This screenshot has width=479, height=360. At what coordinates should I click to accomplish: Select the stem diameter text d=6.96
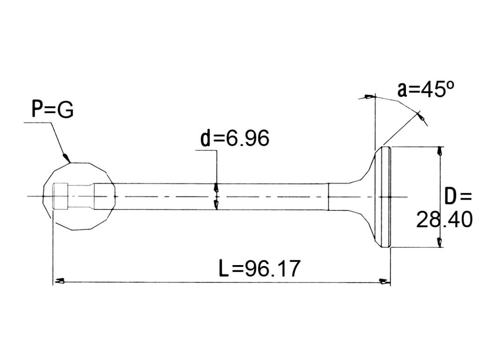pos(235,138)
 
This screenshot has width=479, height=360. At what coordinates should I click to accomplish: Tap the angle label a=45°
pos(426,89)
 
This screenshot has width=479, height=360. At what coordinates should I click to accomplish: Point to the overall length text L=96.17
pos(260,269)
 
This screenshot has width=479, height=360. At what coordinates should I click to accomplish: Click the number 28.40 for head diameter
pos(444,219)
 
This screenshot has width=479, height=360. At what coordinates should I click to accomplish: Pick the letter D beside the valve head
pos(450,196)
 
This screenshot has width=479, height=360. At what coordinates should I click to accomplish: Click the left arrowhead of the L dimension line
pos(59,281)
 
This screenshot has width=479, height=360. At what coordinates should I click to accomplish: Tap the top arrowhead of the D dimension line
pos(439,151)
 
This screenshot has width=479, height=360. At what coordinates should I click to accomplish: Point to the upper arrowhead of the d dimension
pos(217,187)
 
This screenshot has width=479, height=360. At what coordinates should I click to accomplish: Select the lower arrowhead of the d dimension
pos(217,205)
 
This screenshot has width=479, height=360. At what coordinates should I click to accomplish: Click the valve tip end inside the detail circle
pos(60,196)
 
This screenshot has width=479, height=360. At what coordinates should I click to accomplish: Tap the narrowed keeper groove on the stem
pos(80,196)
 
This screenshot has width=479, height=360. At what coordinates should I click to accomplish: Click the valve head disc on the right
pos(386,197)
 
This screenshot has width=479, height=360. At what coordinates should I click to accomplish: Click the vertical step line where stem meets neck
pos(328,197)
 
